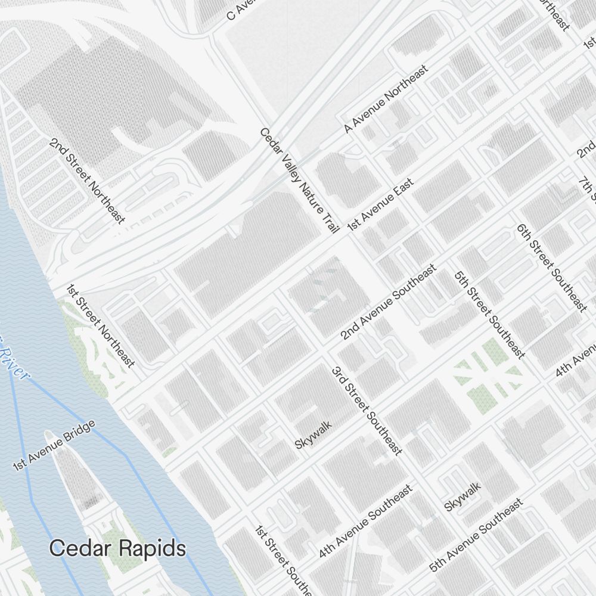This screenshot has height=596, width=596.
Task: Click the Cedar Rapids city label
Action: (117, 548)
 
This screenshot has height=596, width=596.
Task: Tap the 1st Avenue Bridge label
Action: (54, 446)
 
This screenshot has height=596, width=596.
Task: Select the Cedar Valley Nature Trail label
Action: (300, 181)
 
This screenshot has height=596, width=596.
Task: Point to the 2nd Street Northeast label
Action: (88, 181)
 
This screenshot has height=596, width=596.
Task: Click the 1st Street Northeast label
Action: (100, 325)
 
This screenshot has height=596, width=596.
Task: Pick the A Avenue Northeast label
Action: (386, 99)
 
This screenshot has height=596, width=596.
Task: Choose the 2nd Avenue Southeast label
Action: (388, 303)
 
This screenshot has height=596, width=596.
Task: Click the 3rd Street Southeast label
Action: (366, 411)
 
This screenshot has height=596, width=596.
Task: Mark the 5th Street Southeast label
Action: (489, 315)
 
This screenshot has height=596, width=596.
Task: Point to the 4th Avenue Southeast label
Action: (365, 521)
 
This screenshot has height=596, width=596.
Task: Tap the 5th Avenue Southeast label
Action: (476, 535)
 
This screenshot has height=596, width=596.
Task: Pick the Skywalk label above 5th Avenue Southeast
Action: (462, 496)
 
